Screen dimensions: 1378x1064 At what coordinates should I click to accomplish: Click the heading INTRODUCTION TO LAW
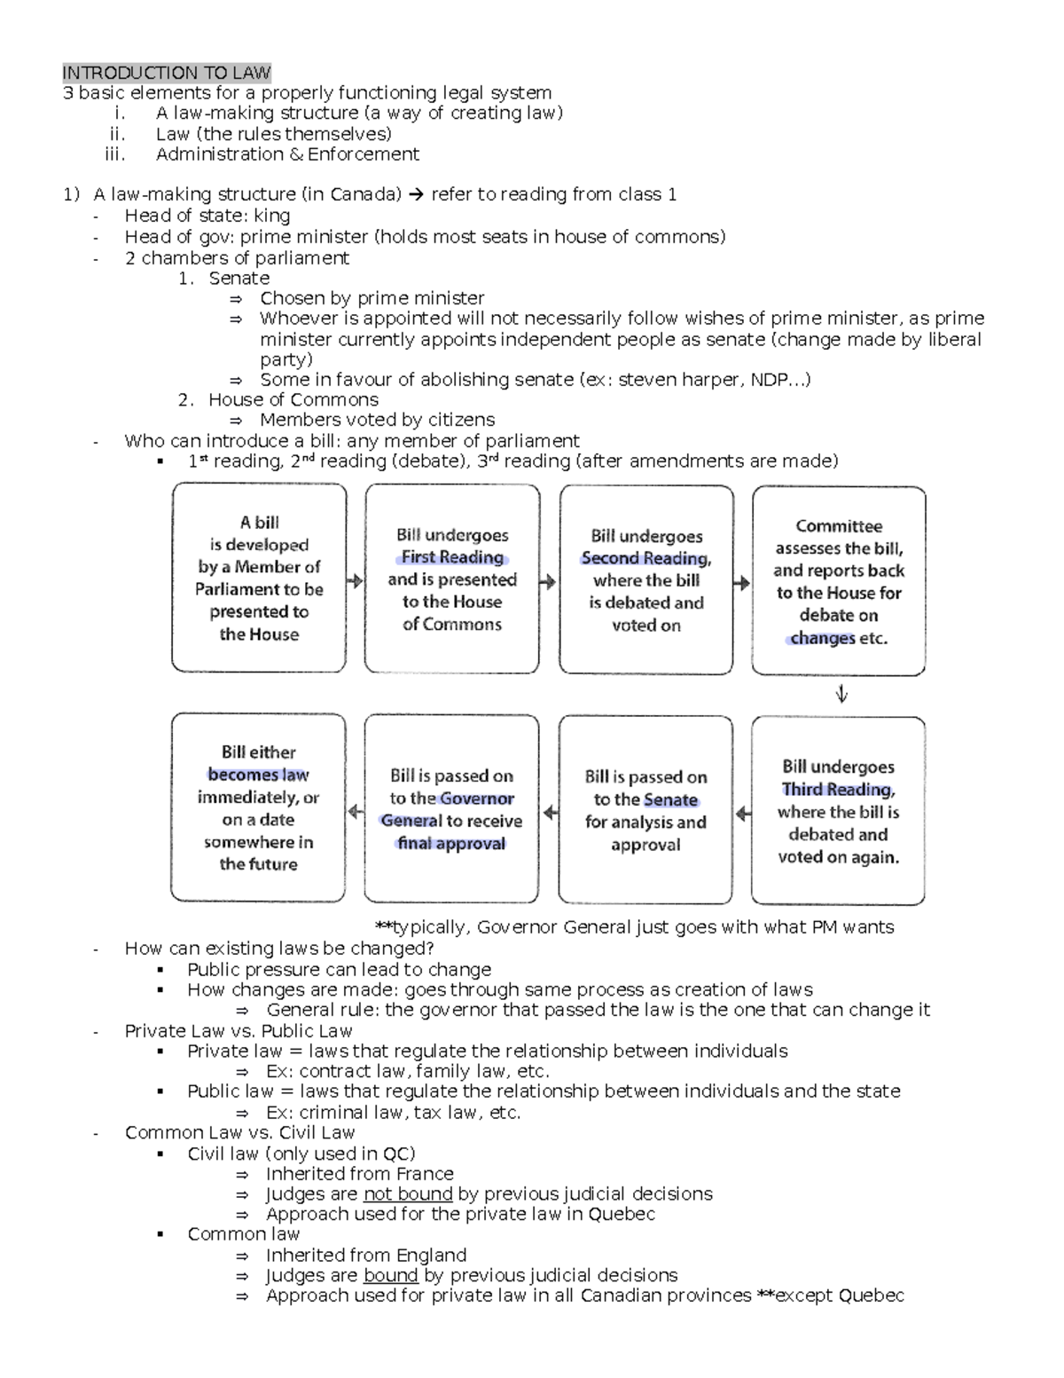pos(167,73)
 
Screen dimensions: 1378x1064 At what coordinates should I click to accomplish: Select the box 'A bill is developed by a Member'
pos(259,578)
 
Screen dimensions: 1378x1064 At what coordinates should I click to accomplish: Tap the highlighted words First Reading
pos(452,557)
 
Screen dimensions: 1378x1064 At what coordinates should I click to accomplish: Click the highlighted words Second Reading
pos(645,558)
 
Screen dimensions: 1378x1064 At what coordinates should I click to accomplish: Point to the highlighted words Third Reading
pos(838,790)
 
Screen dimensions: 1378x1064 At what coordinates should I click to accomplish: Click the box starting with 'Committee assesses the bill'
pos(839,581)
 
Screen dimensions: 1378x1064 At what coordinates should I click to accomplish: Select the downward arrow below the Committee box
pos(841,695)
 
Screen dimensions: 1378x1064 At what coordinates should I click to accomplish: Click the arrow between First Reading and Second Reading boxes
pos(549,582)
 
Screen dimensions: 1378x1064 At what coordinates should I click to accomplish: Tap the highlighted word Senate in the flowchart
pos(670,799)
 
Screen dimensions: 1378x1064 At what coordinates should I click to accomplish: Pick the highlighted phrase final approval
pos(451,843)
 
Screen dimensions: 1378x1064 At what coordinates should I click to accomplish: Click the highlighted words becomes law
pos(258,775)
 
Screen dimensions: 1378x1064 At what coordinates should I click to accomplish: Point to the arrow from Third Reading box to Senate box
pos(742,812)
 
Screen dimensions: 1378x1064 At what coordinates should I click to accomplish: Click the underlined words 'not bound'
pos(408,1194)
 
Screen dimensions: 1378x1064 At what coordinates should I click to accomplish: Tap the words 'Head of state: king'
pos(207,216)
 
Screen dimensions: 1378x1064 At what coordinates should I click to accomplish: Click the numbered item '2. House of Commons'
pos(278,400)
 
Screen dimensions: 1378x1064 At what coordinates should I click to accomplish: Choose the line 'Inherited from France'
pos(359,1174)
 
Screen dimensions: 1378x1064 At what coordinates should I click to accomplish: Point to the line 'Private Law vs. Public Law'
pos(239,1031)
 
